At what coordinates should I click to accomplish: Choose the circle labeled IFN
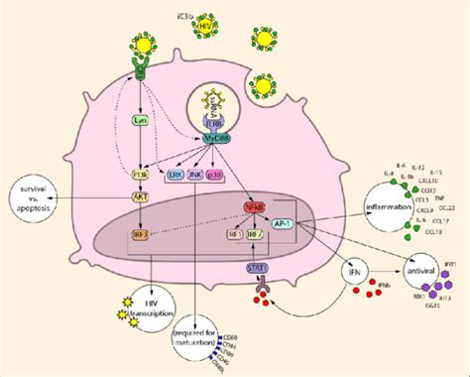tap(351, 270)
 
